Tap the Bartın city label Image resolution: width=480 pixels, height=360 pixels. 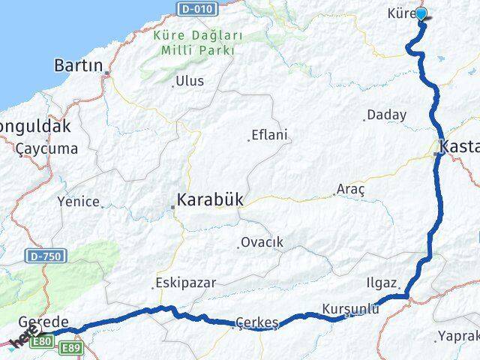pos(78,66)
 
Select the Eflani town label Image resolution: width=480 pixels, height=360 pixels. pos(270,134)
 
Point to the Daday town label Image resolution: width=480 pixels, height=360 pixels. pos(387,115)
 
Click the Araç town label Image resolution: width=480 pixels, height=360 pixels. pos(351,188)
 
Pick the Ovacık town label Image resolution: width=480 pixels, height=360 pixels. pos(262,242)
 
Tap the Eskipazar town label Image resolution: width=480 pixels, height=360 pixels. pos(185,283)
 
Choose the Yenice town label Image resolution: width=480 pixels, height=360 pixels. pos(78,201)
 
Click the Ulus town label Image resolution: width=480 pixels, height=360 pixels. pos(189,81)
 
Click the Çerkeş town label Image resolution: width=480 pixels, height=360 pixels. pos(256,322)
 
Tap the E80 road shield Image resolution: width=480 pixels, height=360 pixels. pos(43,342)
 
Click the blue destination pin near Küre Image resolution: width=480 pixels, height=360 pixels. pos(421,13)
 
